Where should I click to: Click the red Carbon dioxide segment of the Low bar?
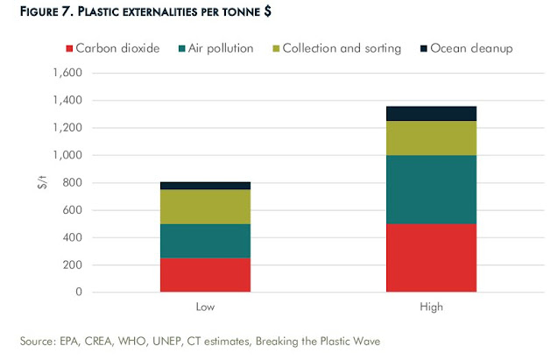(205, 274)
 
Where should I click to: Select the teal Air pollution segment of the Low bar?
(205, 241)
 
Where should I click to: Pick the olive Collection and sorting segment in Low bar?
(205, 207)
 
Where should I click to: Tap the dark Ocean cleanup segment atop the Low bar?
(205, 186)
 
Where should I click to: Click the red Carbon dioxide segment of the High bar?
(430, 258)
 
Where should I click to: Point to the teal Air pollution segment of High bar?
(430, 189)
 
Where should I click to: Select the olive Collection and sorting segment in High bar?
(430, 138)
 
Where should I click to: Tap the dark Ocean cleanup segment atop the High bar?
(430, 113)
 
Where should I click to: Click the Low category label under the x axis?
(205, 308)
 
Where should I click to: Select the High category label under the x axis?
(430, 308)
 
